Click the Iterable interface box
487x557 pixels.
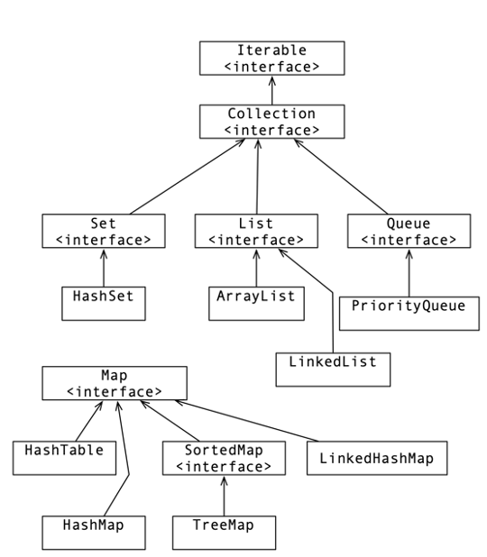(272, 58)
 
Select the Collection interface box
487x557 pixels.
(272, 122)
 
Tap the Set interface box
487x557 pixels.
(104, 231)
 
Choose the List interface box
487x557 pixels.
(256, 231)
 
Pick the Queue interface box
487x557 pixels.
(409, 231)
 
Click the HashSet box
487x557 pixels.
(104, 304)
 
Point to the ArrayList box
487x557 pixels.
(256, 304)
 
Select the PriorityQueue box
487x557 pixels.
(409, 314)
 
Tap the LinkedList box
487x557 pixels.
(333, 370)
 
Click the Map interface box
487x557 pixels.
(115, 383)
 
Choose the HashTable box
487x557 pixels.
(64, 458)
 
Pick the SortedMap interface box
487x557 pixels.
(224, 458)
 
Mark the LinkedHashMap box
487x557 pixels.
(377, 458)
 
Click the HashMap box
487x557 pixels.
(94, 533)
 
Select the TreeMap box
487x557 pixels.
(224, 533)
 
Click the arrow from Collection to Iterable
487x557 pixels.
(272, 90)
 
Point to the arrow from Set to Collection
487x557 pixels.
(188, 177)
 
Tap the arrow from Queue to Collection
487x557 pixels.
(341, 177)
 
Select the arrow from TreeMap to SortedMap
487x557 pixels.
(224, 496)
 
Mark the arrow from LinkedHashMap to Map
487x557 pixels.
(247, 421)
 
